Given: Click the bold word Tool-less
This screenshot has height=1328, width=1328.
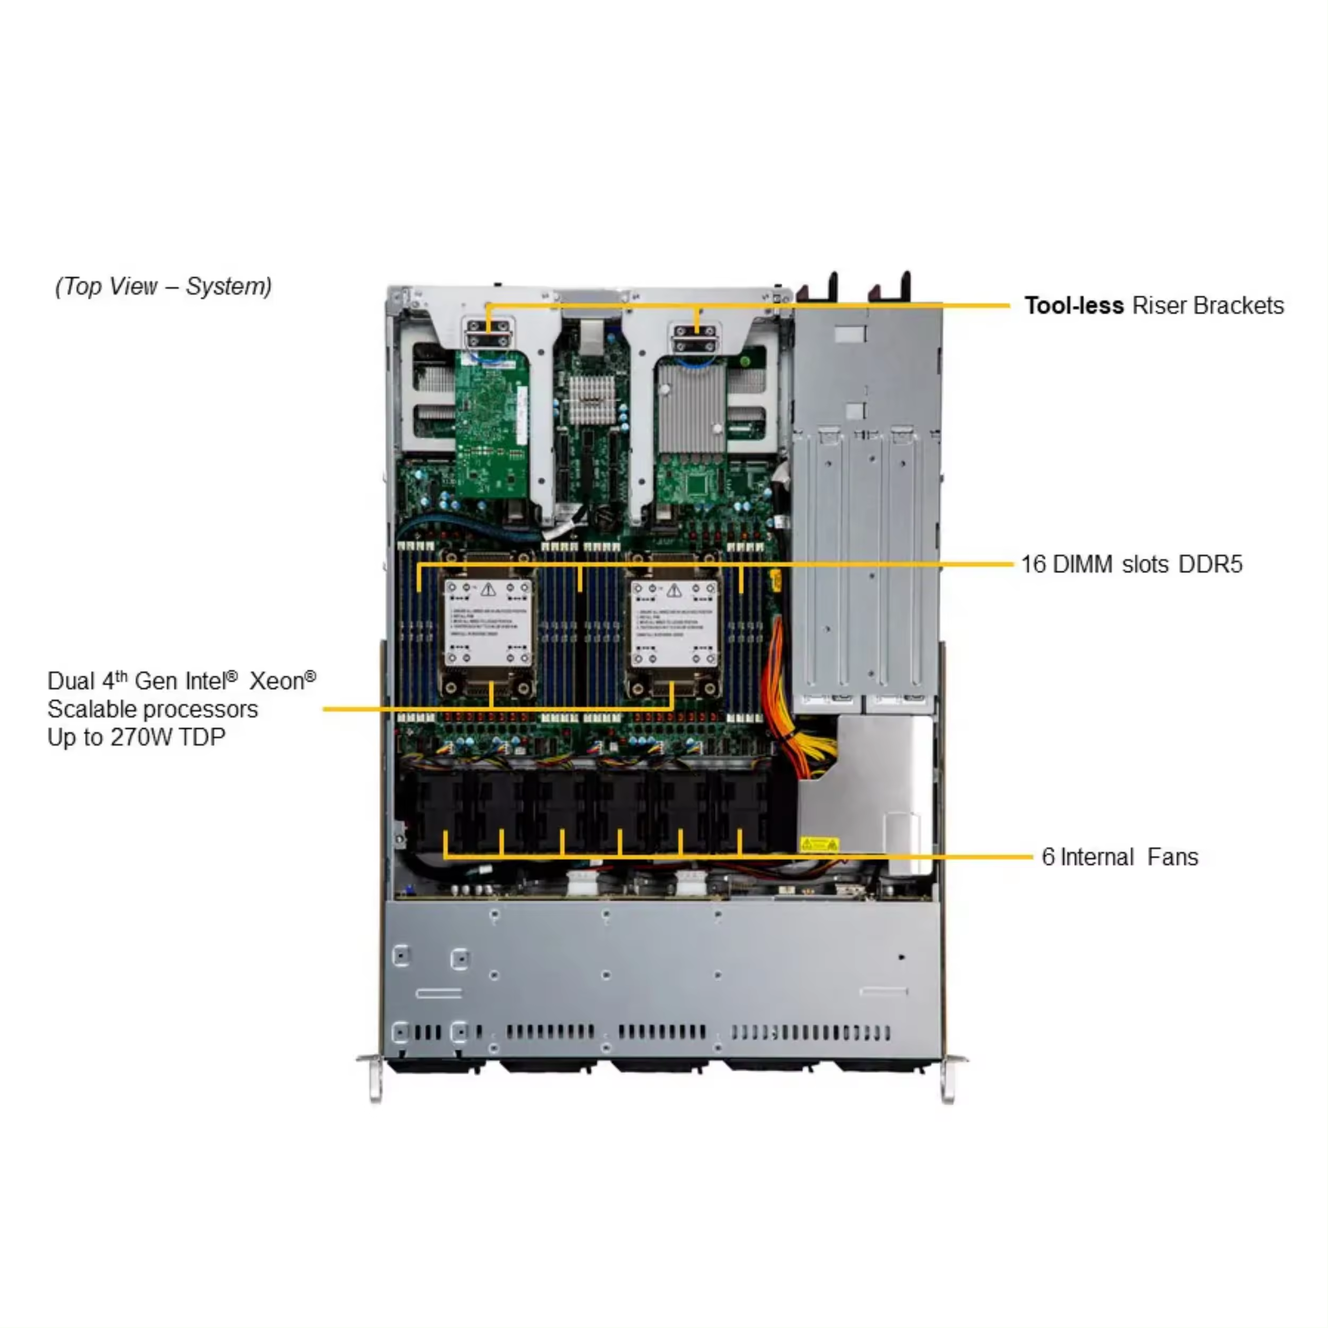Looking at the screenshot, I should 1073,305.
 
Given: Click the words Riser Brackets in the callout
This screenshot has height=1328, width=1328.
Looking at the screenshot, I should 1207,305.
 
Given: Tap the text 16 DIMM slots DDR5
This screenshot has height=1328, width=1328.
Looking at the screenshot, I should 1131,564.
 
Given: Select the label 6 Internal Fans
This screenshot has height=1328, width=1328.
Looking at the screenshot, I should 1119,857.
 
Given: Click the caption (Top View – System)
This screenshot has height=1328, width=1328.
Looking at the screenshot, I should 163,286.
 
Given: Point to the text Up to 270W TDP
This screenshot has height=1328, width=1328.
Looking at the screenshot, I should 136,737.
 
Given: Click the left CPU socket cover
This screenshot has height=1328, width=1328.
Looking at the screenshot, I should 488,622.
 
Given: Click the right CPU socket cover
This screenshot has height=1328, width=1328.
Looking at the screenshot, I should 674,622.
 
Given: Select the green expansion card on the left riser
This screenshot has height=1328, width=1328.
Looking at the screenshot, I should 491,426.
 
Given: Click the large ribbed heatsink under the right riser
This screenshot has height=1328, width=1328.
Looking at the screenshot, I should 691,409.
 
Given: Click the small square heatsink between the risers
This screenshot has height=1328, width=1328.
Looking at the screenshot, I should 591,399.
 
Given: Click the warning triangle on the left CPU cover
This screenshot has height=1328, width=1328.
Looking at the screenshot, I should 488,590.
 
